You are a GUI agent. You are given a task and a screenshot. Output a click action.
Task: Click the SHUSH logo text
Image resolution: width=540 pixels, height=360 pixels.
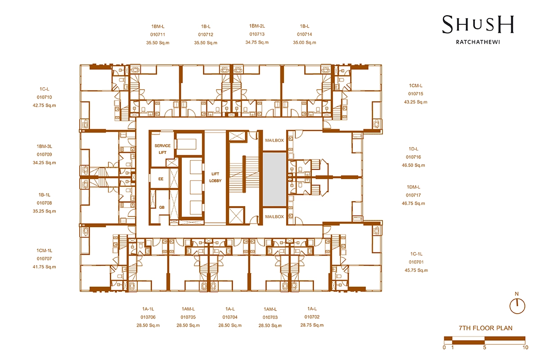478,24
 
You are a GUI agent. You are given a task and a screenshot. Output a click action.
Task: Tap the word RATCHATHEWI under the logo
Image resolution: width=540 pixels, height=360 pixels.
478,42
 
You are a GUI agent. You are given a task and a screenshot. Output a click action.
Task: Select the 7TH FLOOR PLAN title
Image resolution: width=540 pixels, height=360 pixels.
486,328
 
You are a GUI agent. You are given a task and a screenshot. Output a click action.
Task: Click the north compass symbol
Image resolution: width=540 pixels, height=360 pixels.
517,306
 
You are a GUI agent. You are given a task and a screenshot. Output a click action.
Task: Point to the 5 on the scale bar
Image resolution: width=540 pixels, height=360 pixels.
485,347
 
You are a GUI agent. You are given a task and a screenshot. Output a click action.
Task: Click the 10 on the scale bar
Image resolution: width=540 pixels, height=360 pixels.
525,347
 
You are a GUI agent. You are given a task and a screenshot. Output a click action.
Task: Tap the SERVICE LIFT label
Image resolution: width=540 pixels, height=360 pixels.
162,149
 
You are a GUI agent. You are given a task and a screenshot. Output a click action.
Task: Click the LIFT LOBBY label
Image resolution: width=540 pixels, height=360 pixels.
215,177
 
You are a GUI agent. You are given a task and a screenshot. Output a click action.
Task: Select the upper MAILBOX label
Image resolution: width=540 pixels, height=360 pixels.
274,140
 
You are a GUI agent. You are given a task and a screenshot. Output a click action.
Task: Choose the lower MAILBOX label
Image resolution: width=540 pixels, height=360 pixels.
274,217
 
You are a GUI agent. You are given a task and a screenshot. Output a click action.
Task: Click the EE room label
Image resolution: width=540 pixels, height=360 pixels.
161,179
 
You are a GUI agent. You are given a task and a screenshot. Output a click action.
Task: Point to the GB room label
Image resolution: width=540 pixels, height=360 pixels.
162,207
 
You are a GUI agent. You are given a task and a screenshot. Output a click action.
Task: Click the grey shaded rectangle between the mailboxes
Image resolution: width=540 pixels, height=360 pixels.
274,179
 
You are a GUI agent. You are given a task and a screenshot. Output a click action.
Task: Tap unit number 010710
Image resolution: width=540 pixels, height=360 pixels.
45,97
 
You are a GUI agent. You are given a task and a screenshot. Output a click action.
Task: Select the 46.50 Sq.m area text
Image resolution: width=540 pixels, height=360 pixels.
414,165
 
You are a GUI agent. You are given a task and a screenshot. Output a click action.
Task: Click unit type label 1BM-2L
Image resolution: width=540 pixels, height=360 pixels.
257,26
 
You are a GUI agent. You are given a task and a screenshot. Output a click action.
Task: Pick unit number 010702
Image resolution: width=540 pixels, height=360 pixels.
312,317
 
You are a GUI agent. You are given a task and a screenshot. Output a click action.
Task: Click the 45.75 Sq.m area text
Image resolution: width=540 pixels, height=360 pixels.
416,270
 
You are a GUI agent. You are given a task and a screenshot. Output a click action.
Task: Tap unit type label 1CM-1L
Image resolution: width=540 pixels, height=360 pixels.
45,251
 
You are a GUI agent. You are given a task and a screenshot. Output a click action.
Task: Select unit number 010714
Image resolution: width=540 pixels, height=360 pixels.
305,34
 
